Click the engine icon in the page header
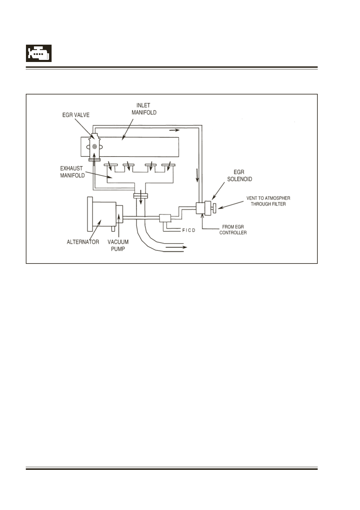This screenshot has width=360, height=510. click(x=39, y=53)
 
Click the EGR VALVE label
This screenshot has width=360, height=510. click(x=76, y=115)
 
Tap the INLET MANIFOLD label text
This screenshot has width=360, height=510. click(x=144, y=109)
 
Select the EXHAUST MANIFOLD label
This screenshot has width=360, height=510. click(x=72, y=172)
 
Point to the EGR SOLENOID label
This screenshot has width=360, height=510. click(x=240, y=176)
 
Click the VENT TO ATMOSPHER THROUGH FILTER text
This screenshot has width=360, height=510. click(x=268, y=201)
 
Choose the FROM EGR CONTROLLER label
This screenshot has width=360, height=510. click(x=233, y=230)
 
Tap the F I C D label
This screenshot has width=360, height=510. click(x=189, y=230)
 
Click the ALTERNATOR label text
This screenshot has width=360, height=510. click(x=83, y=242)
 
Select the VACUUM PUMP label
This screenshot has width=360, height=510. click(x=118, y=245)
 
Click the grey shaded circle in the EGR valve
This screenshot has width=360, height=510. click(x=94, y=146)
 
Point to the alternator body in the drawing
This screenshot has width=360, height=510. click(x=101, y=214)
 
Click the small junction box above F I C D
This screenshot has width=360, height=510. click(x=165, y=218)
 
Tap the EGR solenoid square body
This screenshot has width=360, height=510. click(x=200, y=208)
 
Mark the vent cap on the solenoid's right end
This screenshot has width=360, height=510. click(x=214, y=209)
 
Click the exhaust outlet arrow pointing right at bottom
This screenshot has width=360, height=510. click(x=176, y=247)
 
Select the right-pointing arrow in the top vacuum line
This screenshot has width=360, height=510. click(x=174, y=130)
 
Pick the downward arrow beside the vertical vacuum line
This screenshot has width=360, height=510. click(x=197, y=175)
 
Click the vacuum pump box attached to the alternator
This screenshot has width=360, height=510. click(x=119, y=214)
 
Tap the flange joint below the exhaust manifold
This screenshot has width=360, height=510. click(x=141, y=196)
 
